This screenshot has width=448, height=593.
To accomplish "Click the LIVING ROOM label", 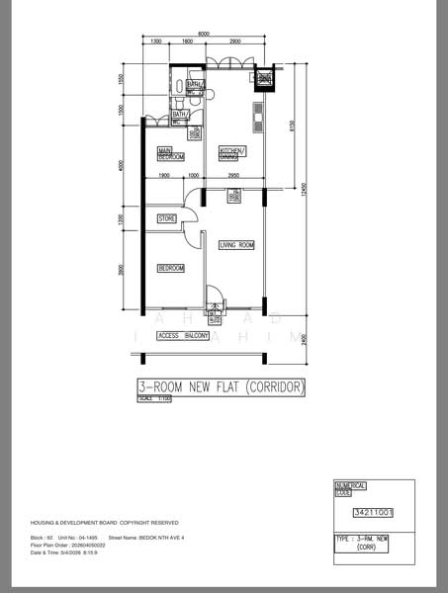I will (236, 244).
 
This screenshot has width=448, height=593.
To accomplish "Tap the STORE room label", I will (167, 217).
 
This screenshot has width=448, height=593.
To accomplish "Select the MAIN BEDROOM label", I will (171, 153).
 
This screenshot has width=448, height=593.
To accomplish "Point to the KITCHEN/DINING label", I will (232, 153).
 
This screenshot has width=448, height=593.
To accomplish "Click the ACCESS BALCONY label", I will (182, 337).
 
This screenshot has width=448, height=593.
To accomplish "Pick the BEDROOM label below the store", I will (171, 268).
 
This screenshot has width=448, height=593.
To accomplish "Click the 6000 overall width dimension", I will (204, 35).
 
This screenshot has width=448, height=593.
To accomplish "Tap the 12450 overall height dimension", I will (305, 188).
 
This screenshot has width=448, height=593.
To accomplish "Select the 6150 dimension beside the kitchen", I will (293, 127).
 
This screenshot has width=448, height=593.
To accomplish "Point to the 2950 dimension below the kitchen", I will (233, 175).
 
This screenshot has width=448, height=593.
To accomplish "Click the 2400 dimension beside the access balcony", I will (305, 339).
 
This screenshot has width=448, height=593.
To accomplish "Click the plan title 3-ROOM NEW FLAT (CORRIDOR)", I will (223, 386).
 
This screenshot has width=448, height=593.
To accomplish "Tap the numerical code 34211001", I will (373, 513).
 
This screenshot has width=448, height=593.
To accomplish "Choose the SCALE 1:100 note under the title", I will (155, 397).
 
